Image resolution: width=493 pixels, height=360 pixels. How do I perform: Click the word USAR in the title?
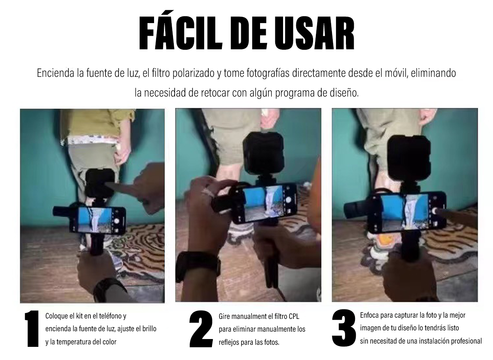(x=314, y=33)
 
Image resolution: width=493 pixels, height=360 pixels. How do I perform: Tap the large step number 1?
(x=32, y=329)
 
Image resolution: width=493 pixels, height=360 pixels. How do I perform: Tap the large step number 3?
(x=344, y=328)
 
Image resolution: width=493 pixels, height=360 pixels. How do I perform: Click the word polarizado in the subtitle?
(x=194, y=73)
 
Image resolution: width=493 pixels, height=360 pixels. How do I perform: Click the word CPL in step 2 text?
(x=294, y=316)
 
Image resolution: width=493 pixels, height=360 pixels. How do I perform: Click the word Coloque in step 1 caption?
(x=57, y=316)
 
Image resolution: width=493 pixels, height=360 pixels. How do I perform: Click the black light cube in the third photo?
(x=409, y=158)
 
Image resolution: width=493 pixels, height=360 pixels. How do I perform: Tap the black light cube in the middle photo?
(x=263, y=153)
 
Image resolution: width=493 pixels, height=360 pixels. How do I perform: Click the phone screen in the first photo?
(x=95, y=219)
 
